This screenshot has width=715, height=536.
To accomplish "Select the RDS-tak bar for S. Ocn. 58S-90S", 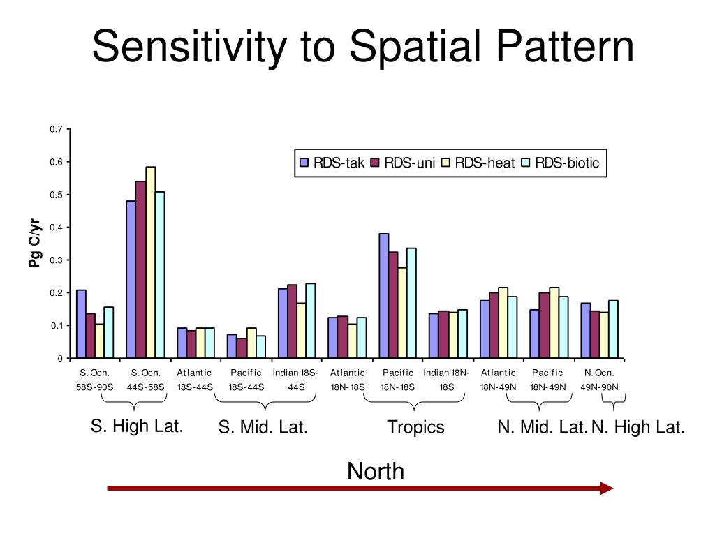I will [81, 324].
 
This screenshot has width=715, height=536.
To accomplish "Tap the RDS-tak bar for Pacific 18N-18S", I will [384, 296].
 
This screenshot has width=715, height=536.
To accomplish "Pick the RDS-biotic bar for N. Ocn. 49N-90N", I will [614, 329].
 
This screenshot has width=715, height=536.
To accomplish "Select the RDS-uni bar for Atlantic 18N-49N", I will [494, 325].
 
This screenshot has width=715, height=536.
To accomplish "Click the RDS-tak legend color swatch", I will [304, 163].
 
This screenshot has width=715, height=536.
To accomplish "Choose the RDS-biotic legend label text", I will [567, 163].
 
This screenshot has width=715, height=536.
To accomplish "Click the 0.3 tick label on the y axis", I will [56, 260].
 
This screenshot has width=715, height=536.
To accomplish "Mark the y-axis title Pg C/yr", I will [35, 244].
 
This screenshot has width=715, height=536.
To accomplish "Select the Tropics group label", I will [415, 427].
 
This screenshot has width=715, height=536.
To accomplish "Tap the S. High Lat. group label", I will [137, 426].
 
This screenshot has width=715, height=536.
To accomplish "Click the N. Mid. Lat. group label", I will [542, 427].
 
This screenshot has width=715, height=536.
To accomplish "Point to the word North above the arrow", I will [376, 472].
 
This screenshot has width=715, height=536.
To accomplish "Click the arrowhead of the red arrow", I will [606, 489].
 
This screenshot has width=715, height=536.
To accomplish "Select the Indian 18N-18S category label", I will [446, 379].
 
